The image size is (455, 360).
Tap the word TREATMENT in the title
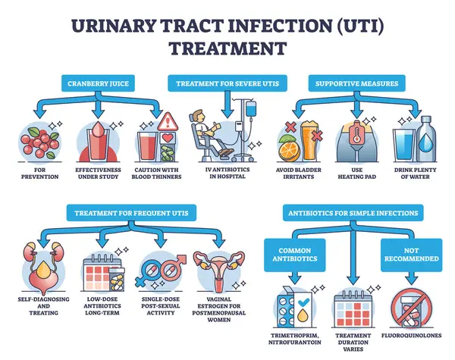coord(227,49)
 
